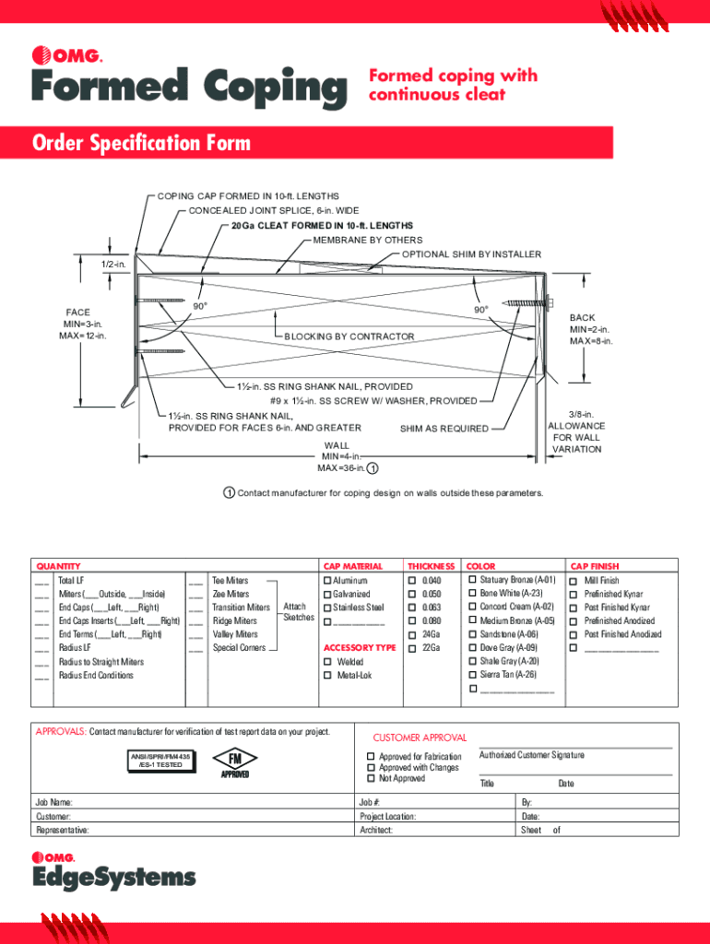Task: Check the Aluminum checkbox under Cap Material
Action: (326, 581)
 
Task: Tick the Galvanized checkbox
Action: (326, 595)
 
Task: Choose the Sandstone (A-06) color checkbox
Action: (472, 634)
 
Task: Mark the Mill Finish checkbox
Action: (576, 581)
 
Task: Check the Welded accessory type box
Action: (326, 662)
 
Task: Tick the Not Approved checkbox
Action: (371, 779)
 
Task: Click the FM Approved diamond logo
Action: (234, 761)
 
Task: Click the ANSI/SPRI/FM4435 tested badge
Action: (160, 761)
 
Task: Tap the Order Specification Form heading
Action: (141, 144)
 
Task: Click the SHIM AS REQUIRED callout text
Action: (444, 428)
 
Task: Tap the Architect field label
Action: (376, 830)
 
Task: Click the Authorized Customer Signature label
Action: (531, 755)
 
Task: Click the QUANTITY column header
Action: (58, 566)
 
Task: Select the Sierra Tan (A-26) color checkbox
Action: (472, 675)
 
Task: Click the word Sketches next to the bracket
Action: (299, 617)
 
